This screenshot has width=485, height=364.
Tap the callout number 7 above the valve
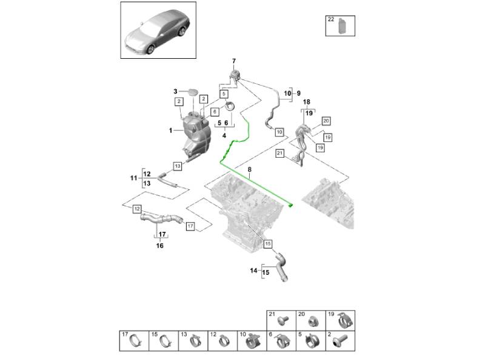(x=233, y=62)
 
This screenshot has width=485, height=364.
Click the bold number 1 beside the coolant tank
(x=171, y=130)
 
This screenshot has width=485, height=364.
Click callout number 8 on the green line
(x=249, y=169)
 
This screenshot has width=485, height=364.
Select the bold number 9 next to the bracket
(x=298, y=93)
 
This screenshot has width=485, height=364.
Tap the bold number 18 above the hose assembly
(x=307, y=102)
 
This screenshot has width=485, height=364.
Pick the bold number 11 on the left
(x=134, y=178)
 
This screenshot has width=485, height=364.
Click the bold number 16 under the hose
(x=161, y=246)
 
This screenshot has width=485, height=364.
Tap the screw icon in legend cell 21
(x=282, y=320)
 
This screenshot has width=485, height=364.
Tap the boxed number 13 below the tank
(x=178, y=165)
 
